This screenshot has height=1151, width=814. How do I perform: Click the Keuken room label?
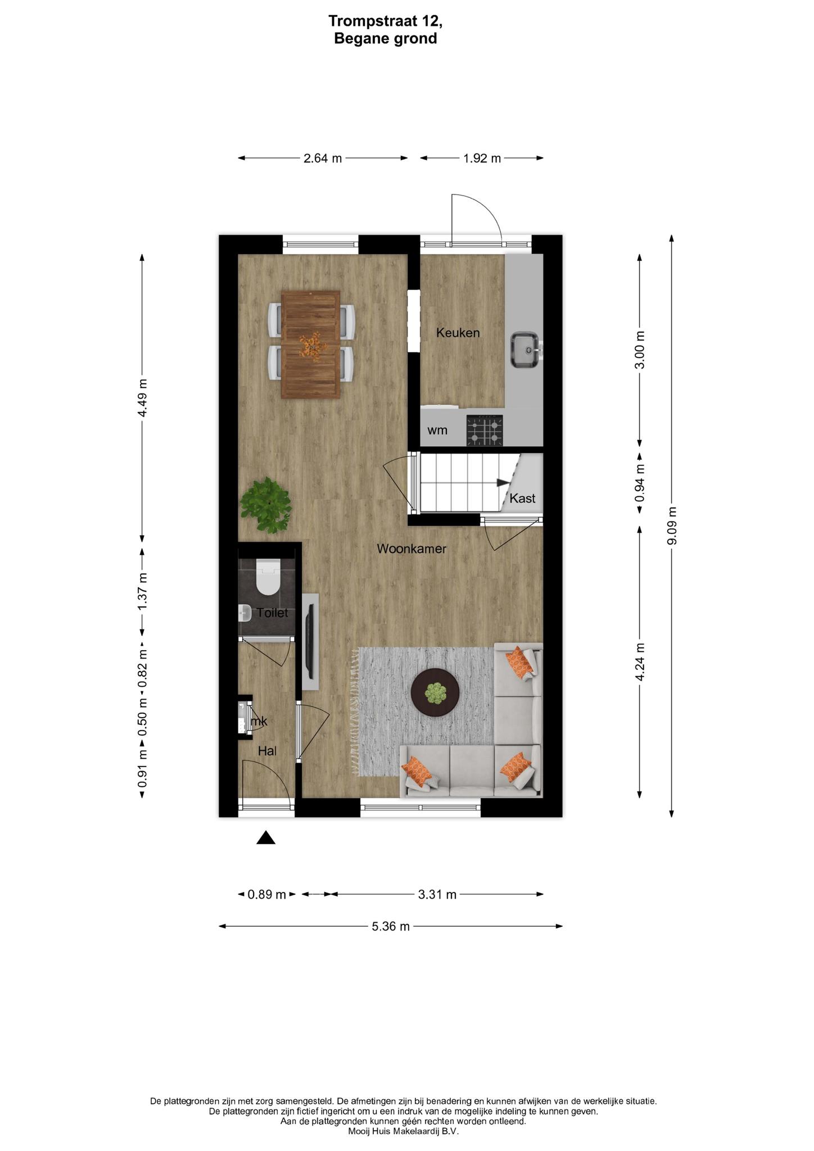pyautogui.click(x=458, y=333)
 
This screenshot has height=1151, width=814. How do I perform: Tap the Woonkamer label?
pyautogui.click(x=411, y=549)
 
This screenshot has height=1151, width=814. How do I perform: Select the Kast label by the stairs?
pyautogui.click(x=522, y=498)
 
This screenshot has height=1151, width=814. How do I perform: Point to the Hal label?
pyautogui.click(x=267, y=751)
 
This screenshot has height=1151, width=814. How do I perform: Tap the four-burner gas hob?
pyautogui.click(x=485, y=430)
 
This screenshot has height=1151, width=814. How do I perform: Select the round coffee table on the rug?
pyautogui.click(x=435, y=692)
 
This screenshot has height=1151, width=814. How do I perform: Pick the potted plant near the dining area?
pyautogui.click(x=266, y=505)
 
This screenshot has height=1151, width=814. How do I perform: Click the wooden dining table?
pyautogui.click(x=311, y=344)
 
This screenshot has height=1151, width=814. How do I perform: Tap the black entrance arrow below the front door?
pyautogui.click(x=266, y=838)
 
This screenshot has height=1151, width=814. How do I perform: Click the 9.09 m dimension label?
pyautogui.click(x=672, y=525)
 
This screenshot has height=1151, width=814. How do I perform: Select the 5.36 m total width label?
pyautogui.click(x=391, y=926)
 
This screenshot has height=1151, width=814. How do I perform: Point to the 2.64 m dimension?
pyautogui.click(x=323, y=158)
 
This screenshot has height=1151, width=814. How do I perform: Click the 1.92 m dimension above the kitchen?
pyautogui.click(x=482, y=158)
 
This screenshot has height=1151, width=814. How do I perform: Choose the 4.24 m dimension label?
pyautogui.click(x=640, y=661)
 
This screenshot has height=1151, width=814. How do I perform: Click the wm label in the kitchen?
pyautogui.click(x=437, y=431)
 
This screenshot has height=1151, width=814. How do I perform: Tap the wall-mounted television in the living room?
pyautogui.click(x=310, y=641)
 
